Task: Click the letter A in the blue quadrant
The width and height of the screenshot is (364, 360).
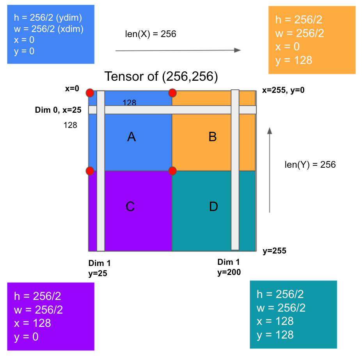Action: point(131,137)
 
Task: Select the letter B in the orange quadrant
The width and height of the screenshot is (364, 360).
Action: point(213,137)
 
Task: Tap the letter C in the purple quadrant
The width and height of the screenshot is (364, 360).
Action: point(130,206)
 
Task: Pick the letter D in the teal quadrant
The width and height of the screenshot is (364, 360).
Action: point(213,206)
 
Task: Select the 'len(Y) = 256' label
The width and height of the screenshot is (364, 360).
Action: point(310,165)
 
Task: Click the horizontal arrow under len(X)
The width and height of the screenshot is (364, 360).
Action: point(178,50)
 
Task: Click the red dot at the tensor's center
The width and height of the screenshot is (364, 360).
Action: point(172,171)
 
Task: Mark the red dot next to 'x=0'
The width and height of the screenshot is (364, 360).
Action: point(90,93)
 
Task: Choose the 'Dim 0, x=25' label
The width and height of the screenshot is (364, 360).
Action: point(58,110)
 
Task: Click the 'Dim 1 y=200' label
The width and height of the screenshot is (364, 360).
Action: point(229,267)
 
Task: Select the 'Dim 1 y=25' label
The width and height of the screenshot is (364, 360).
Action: point(99,268)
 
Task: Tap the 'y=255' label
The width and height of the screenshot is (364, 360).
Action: point(274,251)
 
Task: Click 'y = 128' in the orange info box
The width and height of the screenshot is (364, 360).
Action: point(293,60)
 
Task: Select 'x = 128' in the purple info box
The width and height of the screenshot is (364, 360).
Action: point(32,323)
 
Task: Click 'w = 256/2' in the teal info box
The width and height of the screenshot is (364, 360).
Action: point(281,308)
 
